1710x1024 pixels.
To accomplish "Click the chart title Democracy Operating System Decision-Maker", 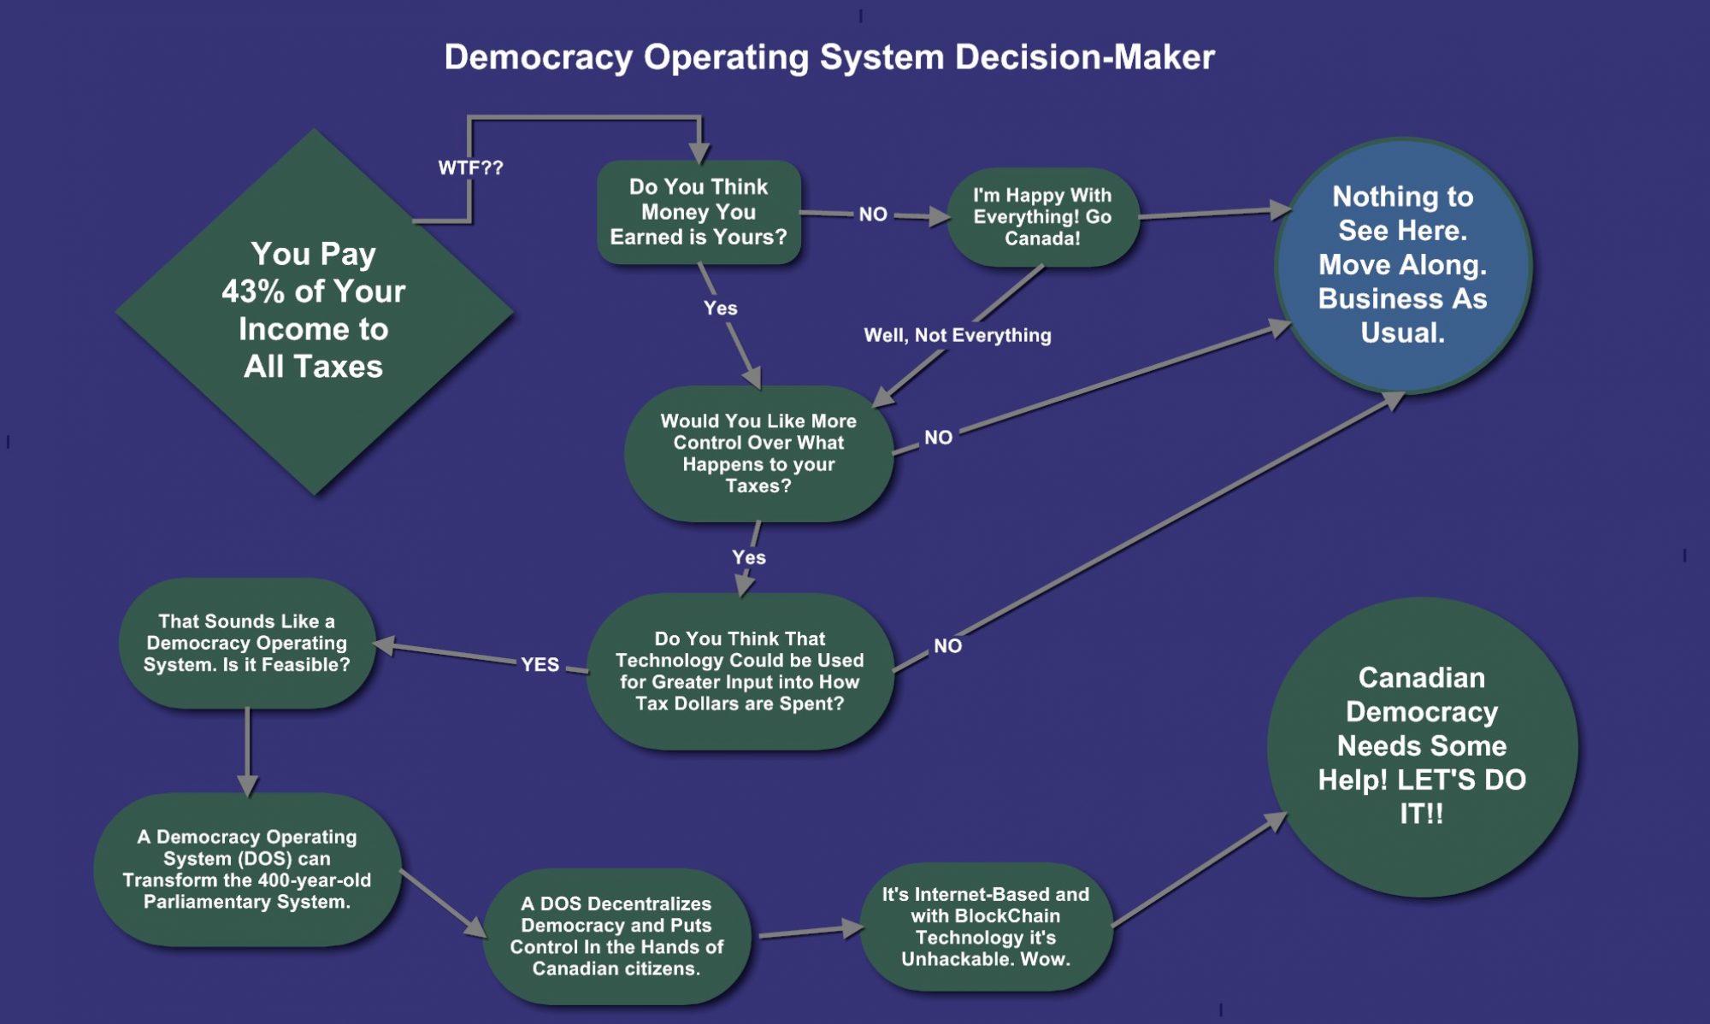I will click(x=828, y=57).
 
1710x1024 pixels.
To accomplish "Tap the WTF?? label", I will click(x=470, y=168).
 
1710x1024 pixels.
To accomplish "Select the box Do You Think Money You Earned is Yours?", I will click(x=699, y=212).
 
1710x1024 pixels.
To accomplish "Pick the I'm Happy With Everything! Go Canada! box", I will click(x=1042, y=217).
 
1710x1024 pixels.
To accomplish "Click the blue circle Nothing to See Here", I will click(x=1403, y=265).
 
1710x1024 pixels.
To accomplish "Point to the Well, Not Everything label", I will click(x=958, y=335).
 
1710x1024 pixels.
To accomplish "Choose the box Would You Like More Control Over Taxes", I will click(x=758, y=453).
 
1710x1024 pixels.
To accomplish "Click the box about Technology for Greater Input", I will click(x=740, y=671).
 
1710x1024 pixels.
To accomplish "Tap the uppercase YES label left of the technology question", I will click(x=540, y=664).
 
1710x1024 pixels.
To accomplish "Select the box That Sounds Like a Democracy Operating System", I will click(x=247, y=643).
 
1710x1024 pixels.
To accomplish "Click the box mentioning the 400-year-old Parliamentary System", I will click(x=247, y=869).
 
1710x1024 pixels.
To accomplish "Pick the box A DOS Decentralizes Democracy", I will click(x=616, y=936).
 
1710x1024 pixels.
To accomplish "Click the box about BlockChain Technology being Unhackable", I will click(x=986, y=927).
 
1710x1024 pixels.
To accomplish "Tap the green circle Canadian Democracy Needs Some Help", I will click(x=1422, y=746).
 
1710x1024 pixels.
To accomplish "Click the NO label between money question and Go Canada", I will click(x=873, y=215).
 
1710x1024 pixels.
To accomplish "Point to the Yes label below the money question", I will click(x=721, y=308).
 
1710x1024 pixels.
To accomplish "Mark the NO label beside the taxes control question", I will click(x=938, y=438).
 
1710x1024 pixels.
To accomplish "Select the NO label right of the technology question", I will click(x=947, y=646).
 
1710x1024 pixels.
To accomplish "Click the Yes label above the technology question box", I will click(x=749, y=557).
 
